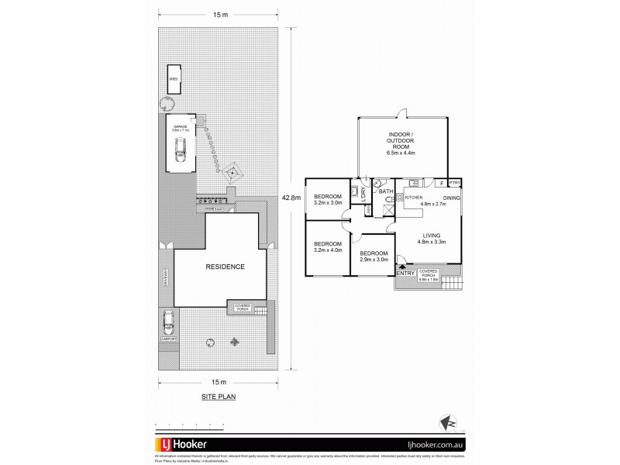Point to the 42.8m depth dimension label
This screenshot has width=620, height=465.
tap(292, 198)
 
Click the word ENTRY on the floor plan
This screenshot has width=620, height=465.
tap(405, 273)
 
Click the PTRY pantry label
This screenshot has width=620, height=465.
tap(455, 183)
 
